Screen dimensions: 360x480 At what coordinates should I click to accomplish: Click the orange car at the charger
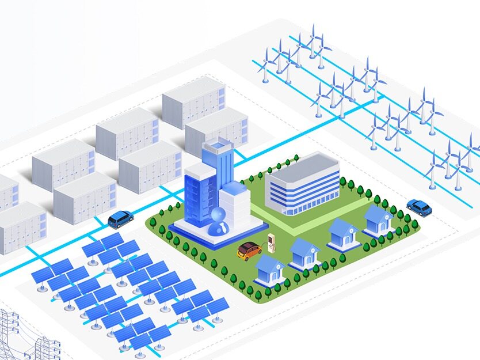click(249, 251)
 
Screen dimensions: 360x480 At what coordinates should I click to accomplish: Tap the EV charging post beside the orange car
click(269, 242)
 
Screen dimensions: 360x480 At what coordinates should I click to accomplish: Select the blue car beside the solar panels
click(120, 219)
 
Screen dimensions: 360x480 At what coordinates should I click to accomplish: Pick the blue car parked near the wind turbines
click(419, 206)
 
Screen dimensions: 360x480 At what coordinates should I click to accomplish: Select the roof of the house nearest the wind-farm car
click(377, 215)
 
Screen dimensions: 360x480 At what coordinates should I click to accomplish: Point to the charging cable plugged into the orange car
click(262, 248)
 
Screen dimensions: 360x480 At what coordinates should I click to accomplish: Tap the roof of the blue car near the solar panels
click(119, 215)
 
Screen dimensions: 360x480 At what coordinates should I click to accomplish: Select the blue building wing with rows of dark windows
click(197, 196)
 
